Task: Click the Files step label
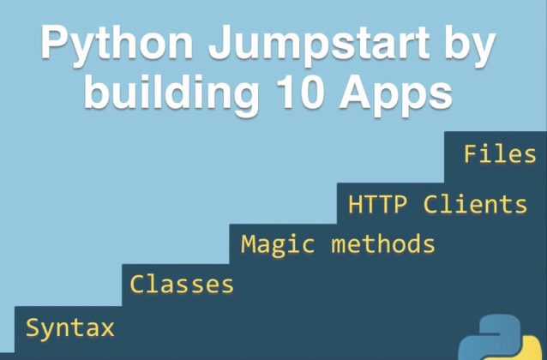(x=499, y=154)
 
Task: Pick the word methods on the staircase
(x=382, y=244)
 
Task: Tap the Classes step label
(x=181, y=284)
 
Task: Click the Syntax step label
(x=69, y=328)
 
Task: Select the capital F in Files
(x=470, y=154)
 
